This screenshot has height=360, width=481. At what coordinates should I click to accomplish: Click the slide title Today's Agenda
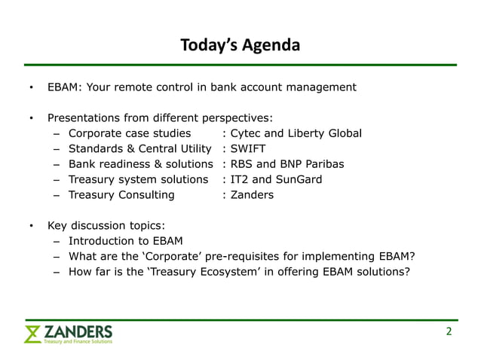tap(240, 46)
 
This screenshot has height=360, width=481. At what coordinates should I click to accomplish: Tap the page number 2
tap(449, 331)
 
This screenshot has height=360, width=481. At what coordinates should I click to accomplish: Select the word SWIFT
tap(247, 148)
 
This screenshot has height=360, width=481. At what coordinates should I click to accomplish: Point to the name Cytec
tap(247, 133)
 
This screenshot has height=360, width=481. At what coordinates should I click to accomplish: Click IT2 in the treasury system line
tap(240, 179)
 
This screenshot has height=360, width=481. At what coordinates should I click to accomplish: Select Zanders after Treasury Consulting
tap(253, 194)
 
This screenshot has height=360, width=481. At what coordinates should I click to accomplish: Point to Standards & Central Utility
tap(139, 148)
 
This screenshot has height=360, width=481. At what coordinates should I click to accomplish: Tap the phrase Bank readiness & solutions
tap(141, 163)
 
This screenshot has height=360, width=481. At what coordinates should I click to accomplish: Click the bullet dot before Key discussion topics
tap(31, 226)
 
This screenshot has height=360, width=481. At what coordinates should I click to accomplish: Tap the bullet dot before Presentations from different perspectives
tap(31, 118)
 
